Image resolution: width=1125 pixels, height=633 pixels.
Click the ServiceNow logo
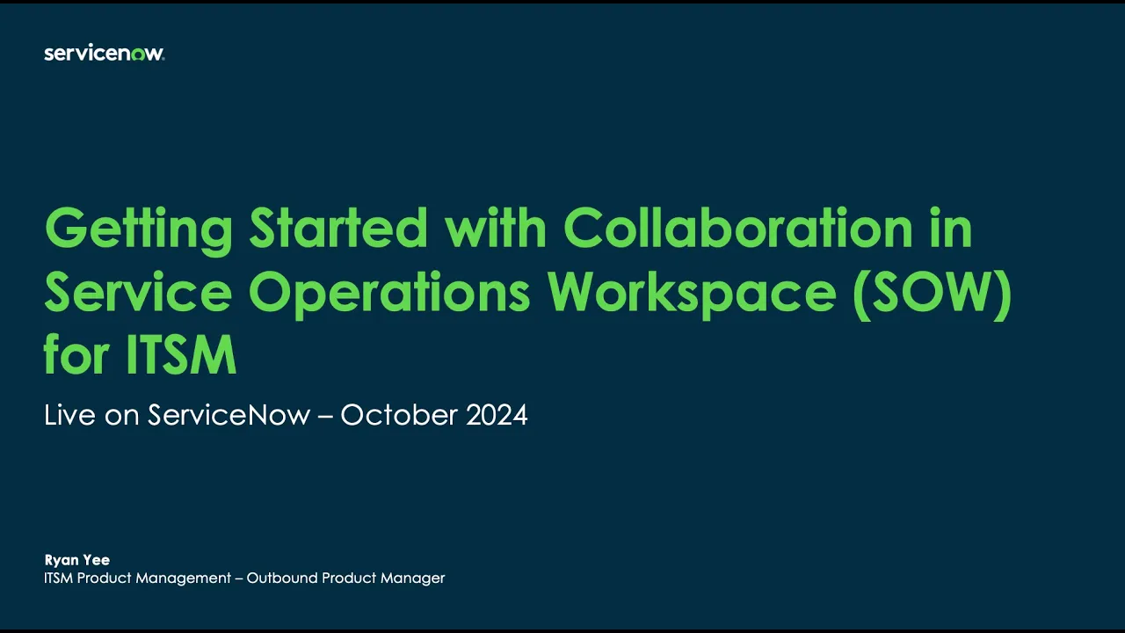click(104, 54)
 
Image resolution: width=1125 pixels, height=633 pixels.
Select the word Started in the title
click(338, 229)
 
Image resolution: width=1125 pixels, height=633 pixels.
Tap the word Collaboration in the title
click(738, 228)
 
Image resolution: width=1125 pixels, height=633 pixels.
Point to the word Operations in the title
click(389, 293)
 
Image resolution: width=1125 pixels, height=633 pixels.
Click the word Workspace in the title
click(693, 295)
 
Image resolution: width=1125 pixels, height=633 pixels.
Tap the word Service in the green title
click(139, 293)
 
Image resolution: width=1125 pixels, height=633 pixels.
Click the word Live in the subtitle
click(69, 415)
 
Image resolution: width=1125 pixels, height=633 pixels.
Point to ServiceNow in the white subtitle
click(229, 415)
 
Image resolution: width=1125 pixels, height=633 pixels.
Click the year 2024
click(497, 415)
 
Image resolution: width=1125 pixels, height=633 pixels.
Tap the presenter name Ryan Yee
click(77, 560)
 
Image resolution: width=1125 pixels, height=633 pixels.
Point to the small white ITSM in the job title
click(59, 578)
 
